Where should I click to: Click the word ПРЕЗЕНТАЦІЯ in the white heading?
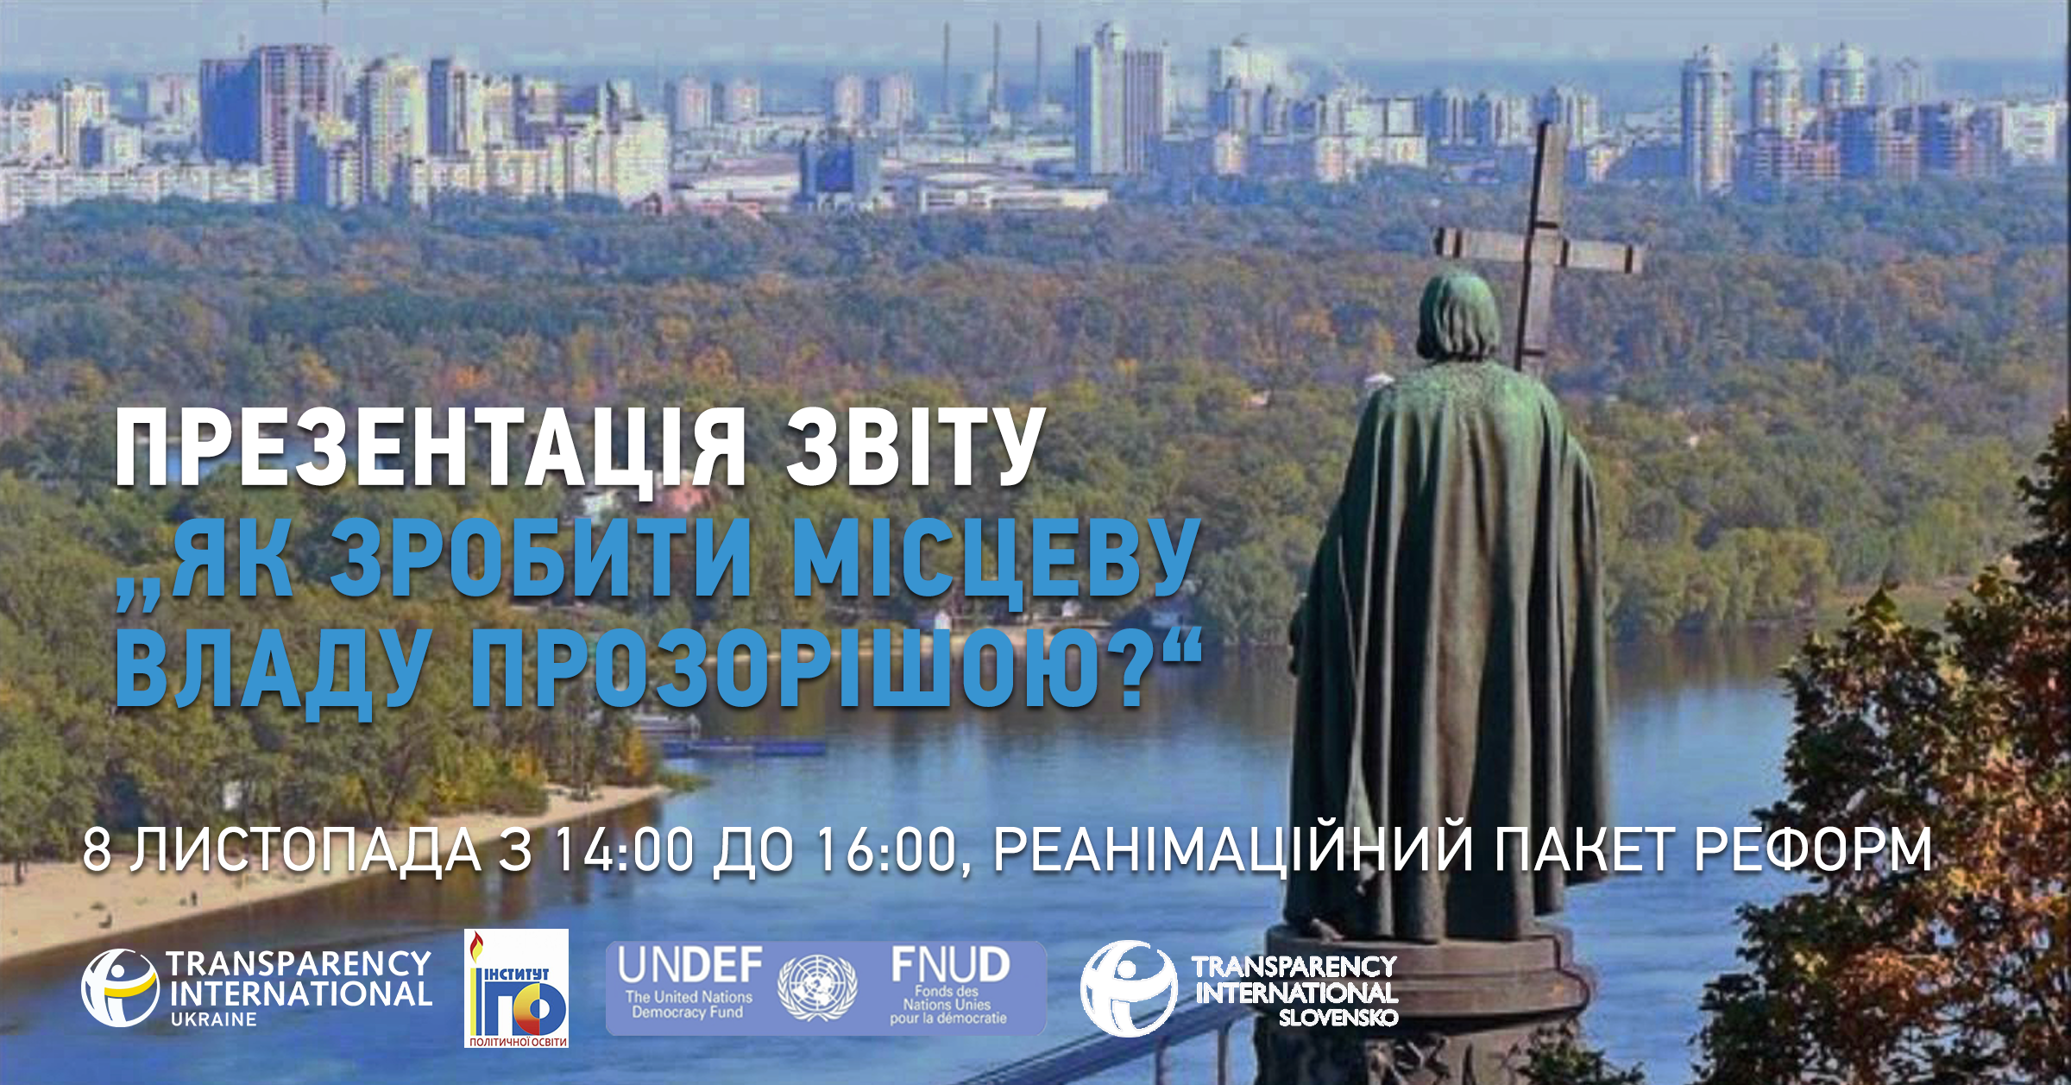point(430,449)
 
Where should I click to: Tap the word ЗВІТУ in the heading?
point(916,447)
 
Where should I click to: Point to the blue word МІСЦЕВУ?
point(995,561)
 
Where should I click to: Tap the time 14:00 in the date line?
point(623,849)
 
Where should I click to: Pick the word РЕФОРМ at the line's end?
point(1813,849)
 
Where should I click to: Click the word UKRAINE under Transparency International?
point(214,1019)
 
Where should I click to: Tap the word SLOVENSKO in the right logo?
point(1338,1018)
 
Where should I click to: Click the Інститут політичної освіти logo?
point(516,988)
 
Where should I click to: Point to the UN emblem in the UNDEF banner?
point(817,987)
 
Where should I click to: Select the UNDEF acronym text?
point(690,965)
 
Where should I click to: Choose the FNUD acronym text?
point(950,964)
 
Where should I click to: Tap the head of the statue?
point(1457,315)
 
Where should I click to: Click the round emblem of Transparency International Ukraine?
point(120,988)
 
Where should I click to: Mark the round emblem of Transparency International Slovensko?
point(1129,988)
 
